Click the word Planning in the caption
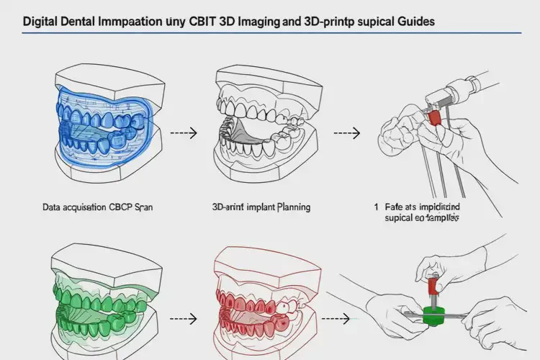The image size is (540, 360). (x=292, y=207)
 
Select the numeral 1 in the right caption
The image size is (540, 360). (x=376, y=206)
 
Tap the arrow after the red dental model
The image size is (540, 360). (x=338, y=317)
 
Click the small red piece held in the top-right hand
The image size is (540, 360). (x=434, y=116)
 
